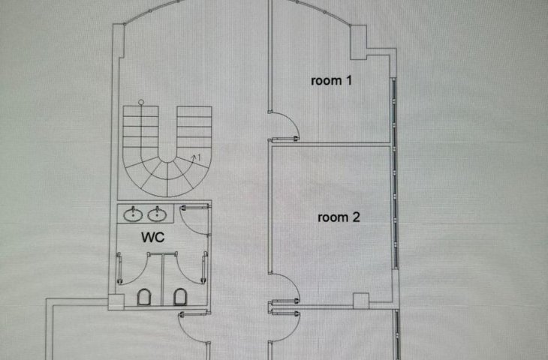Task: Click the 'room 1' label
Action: [x=331, y=81]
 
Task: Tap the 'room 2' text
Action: [x=339, y=217]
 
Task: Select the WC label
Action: [x=152, y=238]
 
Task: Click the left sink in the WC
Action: [x=133, y=214]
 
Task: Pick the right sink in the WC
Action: [x=157, y=214]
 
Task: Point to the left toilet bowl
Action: [x=144, y=297]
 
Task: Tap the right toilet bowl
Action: [x=180, y=297]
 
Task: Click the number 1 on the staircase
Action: [x=199, y=157]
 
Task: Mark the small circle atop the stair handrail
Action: [x=141, y=102]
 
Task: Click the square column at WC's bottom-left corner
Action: [x=116, y=302]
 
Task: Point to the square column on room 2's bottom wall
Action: [x=361, y=301]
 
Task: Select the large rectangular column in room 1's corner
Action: [x=358, y=42]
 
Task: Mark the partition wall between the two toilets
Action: [x=162, y=280]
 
